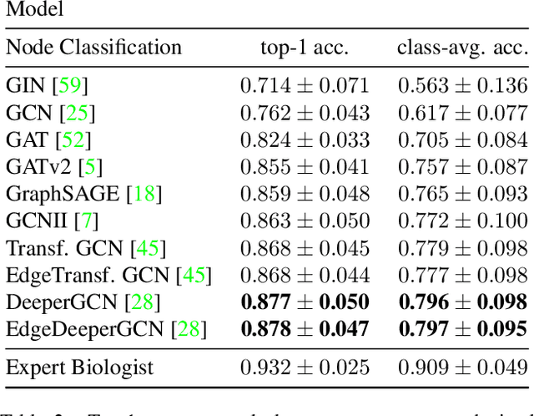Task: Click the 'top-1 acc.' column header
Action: point(304,48)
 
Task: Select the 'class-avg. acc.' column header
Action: point(461,48)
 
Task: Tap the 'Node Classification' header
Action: point(93,48)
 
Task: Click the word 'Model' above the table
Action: point(34,11)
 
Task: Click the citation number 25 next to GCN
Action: point(82,112)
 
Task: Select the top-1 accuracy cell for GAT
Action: point(305,140)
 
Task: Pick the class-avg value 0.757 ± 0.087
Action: point(462,166)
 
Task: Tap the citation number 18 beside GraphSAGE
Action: point(144,194)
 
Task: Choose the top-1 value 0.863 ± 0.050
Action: point(305,221)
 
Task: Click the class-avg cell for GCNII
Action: point(462,221)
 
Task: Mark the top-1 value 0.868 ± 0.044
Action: point(305,275)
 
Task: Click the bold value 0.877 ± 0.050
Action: point(305,302)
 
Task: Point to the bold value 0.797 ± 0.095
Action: point(462,329)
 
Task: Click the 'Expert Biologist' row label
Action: point(82,367)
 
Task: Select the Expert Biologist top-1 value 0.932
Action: point(305,367)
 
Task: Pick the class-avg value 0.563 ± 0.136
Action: point(462,85)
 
